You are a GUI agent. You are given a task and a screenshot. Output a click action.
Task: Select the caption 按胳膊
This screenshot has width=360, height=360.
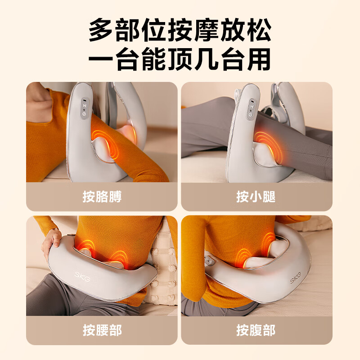pyautogui.click(x=102, y=197)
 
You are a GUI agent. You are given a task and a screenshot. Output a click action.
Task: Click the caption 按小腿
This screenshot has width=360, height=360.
pyautogui.click(x=256, y=197)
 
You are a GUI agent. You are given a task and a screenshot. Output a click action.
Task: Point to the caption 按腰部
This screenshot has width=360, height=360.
pyautogui.click(x=102, y=330)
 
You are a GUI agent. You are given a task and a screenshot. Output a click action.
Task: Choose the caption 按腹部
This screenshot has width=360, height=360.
pyautogui.click(x=256, y=330)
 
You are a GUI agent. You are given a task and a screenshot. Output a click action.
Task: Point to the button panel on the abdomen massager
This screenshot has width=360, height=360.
pyautogui.click(x=209, y=261)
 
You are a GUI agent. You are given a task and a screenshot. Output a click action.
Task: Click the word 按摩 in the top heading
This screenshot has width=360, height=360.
pyautogui.click(x=200, y=30)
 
